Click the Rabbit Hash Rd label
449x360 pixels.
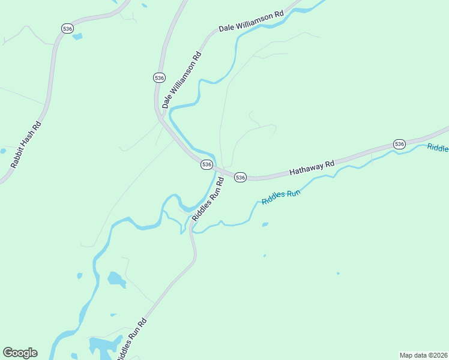tap(25, 145)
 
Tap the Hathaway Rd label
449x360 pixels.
tap(312, 167)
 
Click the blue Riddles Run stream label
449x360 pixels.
tap(280, 196)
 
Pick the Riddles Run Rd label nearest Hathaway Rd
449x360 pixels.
tap(208, 197)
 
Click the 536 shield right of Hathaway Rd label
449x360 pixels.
tap(399, 144)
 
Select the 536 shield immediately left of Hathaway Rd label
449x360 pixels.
tap(240, 177)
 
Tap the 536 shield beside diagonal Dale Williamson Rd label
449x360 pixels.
tap(158, 78)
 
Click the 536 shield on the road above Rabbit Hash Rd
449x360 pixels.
tap(67, 28)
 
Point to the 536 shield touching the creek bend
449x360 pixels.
tap(206, 164)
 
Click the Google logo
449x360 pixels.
tap(20, 353)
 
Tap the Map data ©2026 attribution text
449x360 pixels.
tap(423, 355)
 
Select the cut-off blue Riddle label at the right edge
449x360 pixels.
tap(438, 148)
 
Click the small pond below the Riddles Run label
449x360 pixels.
tap(265, 225)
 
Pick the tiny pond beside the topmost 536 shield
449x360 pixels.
tap(77, 37)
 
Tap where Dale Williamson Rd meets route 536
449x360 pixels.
tap(160, 114)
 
